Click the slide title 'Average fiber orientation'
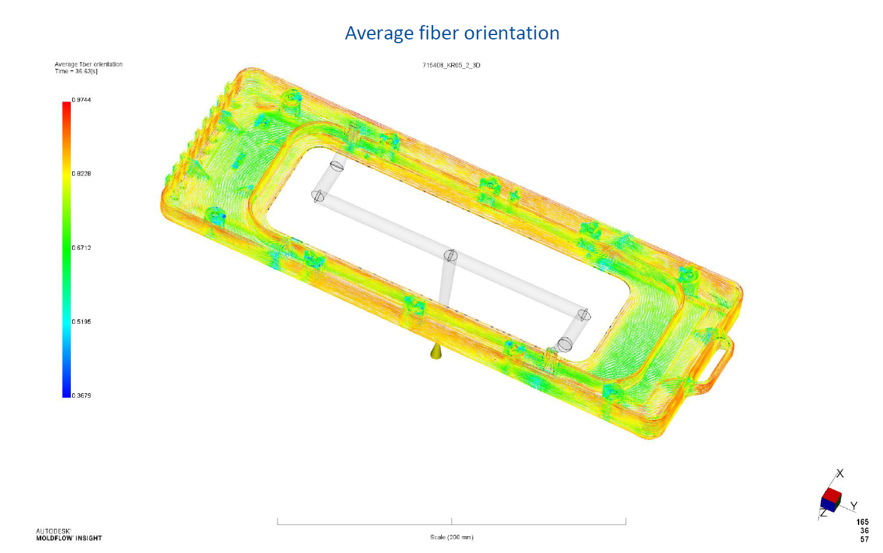tap(452, 33)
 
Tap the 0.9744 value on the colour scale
tap(81, 100)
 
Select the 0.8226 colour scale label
tap(81, 173)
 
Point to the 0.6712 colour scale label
tap(81, 248)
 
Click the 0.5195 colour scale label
tap(81, 322)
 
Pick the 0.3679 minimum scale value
tap(81, 395)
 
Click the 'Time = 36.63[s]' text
tap(76, 71)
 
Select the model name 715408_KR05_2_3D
tap(451, 65)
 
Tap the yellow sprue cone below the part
tap(436, 352)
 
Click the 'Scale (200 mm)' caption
tap(452, 537)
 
